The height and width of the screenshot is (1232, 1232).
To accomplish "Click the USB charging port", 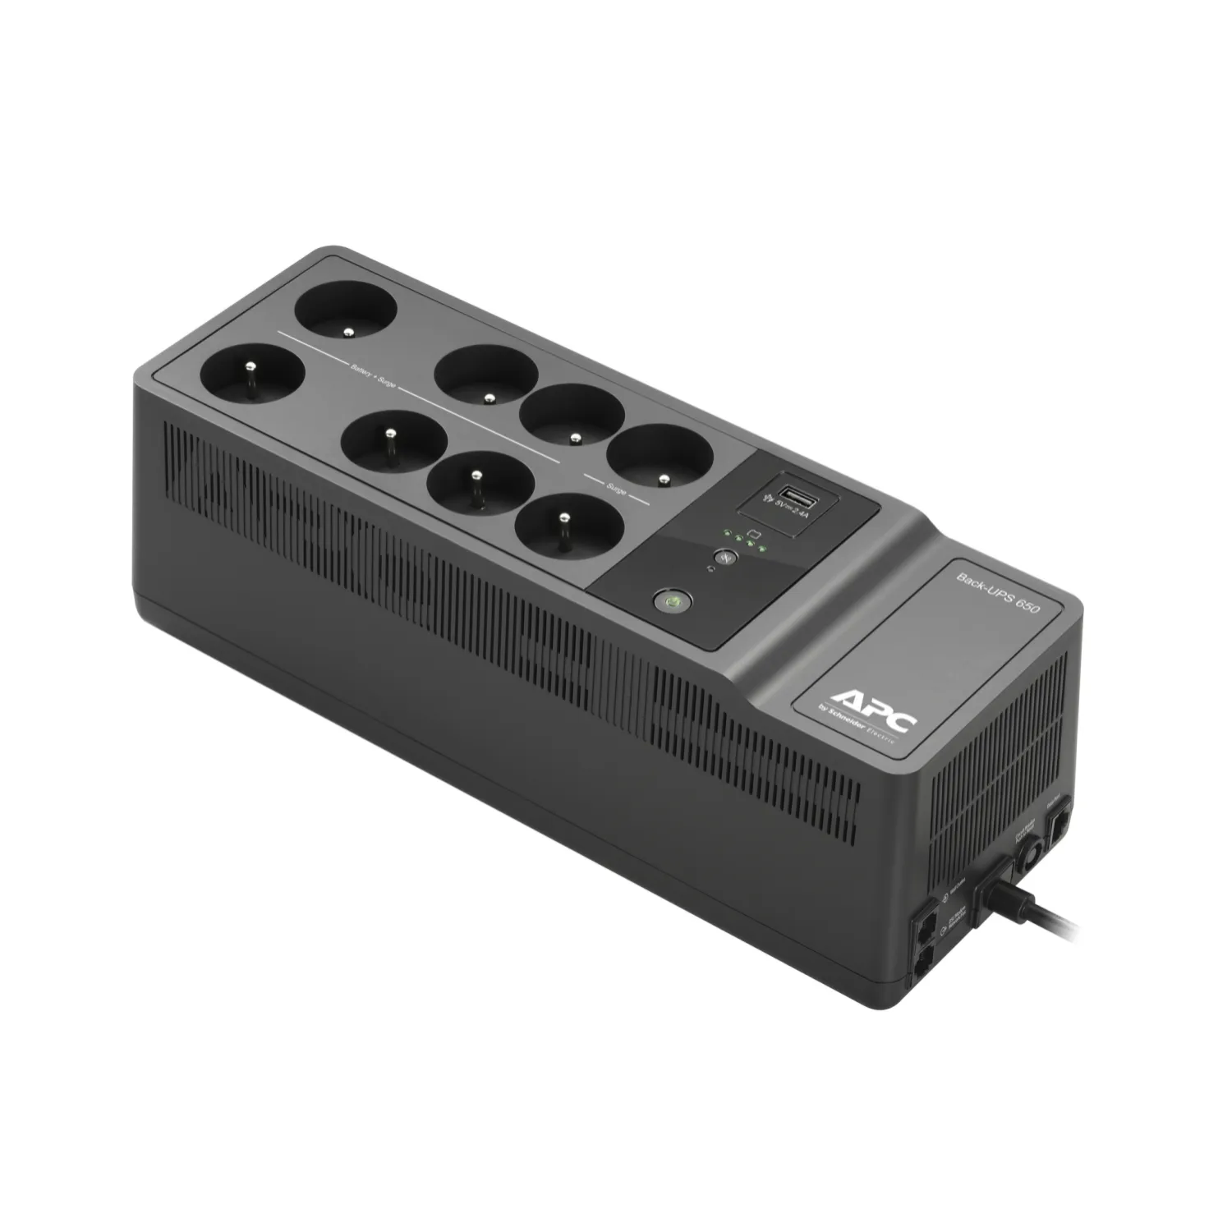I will tap(796, 494).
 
